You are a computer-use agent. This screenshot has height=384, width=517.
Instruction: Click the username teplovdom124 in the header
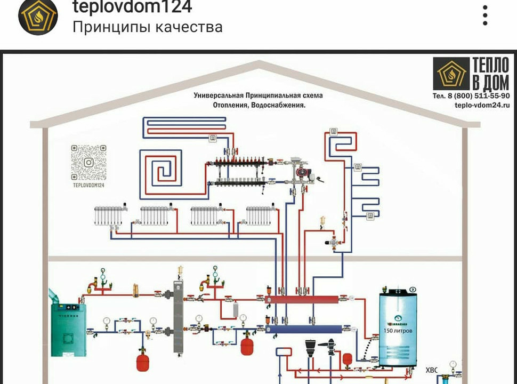tap(132, 7)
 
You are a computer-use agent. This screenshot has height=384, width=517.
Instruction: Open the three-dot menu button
tap(484, 16)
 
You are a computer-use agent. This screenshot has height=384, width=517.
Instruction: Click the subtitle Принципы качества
tap(147, 27)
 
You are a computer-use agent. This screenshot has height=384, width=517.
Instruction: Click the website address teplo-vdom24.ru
tap(474, 106)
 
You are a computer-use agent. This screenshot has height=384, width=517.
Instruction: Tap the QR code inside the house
tap(88, 162)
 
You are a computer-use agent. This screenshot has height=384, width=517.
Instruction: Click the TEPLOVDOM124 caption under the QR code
tap(88, 186)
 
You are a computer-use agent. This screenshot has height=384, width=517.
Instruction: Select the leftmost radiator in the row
tap(109, 215)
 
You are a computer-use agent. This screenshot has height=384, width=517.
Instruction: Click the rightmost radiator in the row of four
tap(261, 215)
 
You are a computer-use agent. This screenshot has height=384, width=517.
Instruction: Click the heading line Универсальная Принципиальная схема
tap(258, 95)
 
